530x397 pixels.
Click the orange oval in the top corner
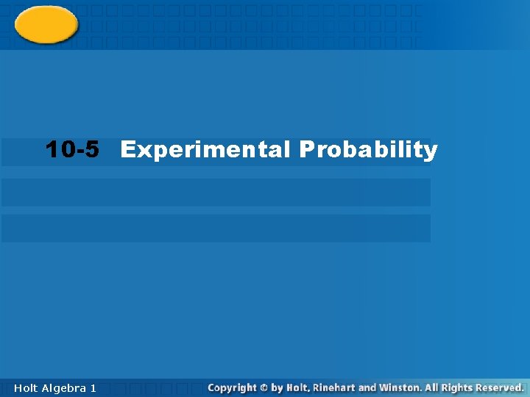(x=46, y=24)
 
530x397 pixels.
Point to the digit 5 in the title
(x=91, y=150)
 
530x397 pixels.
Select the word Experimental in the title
(x=205, y=150)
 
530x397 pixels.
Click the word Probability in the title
(x=368, y=150)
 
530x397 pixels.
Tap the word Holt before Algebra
(x=26, y=387)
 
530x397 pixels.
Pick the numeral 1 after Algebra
(x=93, y=387)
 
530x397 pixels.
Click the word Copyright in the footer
(x=232, y=387)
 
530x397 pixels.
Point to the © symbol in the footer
(x=264, y=387)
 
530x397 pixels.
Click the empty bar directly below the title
(x=216, y=193)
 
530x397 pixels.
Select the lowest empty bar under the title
(x=216, y=228)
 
